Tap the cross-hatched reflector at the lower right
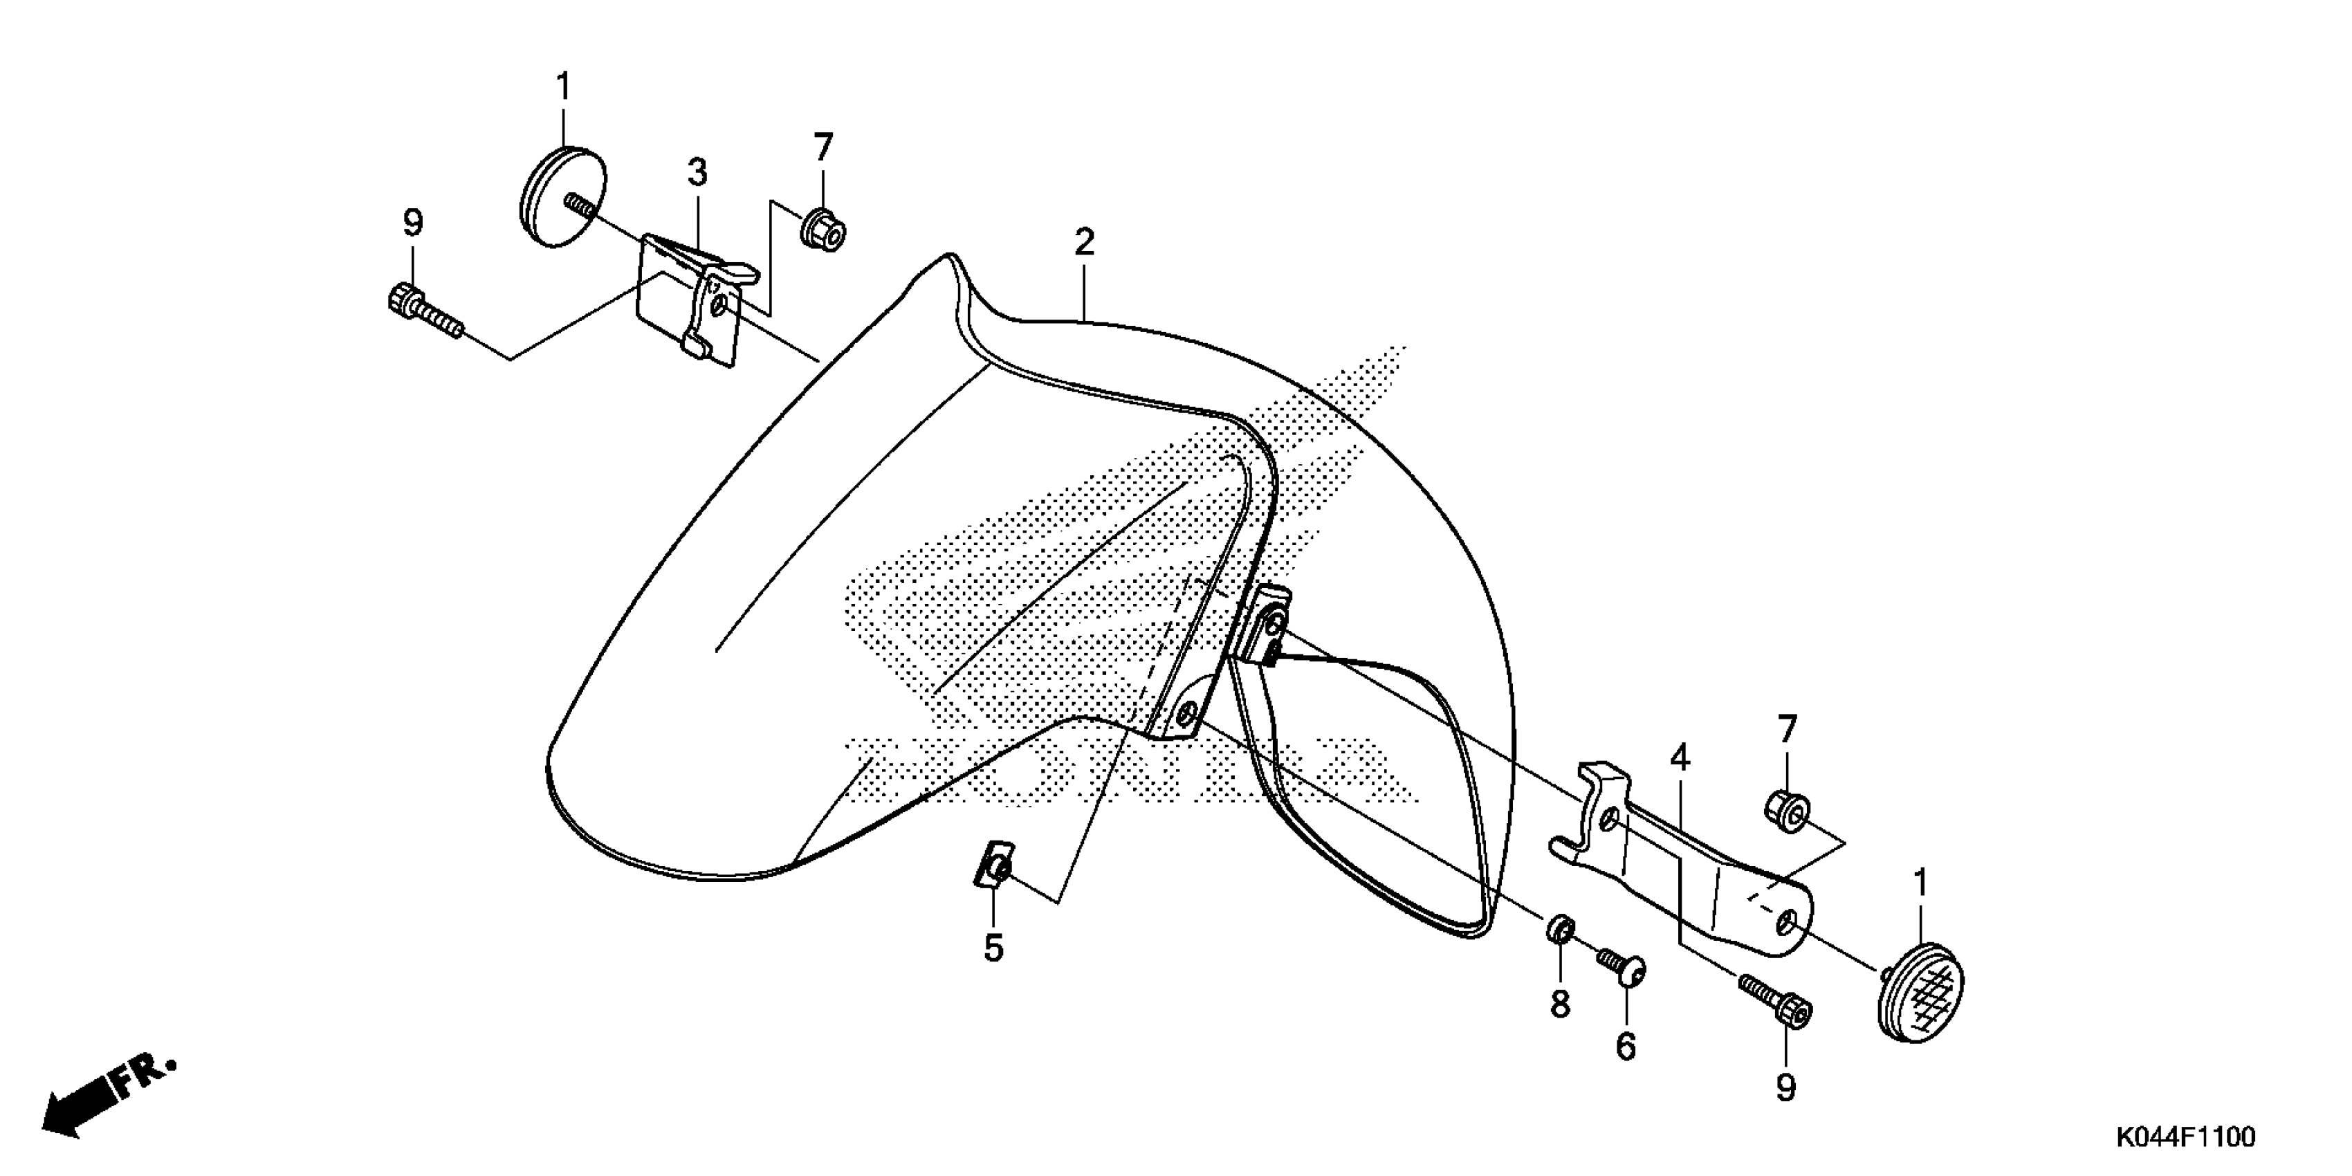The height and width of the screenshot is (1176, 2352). pos(1920,991)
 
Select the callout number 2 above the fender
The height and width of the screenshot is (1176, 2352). pos(1084,243)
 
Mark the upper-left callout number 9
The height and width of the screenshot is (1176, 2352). pos(414,223)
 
